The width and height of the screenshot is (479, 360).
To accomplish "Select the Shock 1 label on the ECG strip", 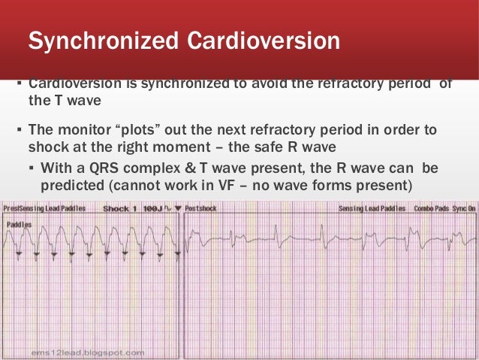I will pos(119,208).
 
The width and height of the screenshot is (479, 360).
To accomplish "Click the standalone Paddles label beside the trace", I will pos(17,225).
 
